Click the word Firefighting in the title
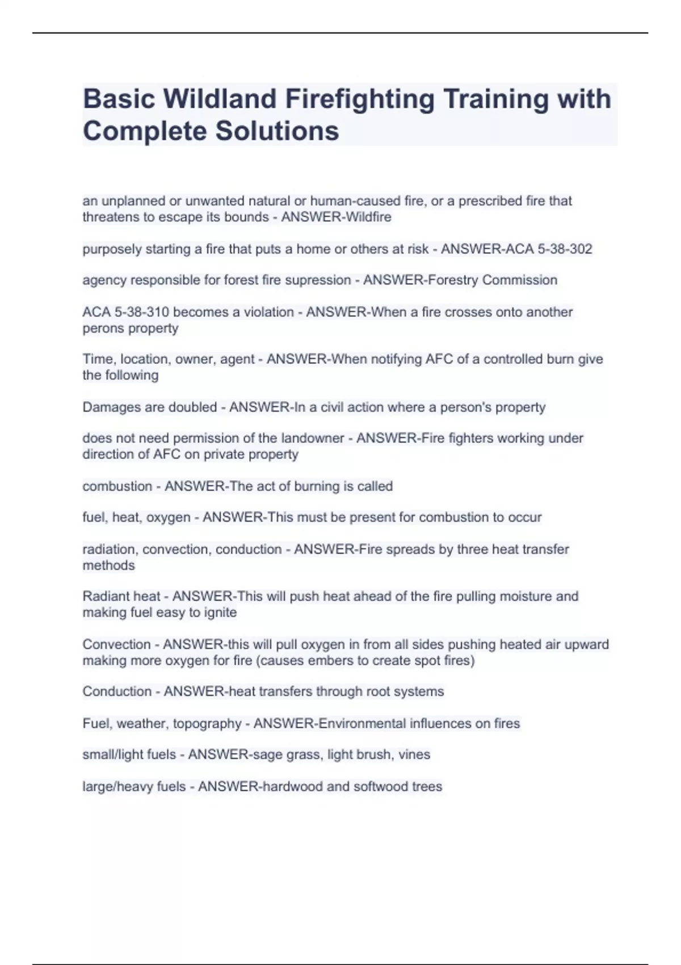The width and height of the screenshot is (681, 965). point(360,99)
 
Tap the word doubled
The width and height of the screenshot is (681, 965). point(192,407)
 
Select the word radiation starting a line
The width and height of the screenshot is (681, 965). point(109,549)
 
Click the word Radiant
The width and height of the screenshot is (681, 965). point(104,597)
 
